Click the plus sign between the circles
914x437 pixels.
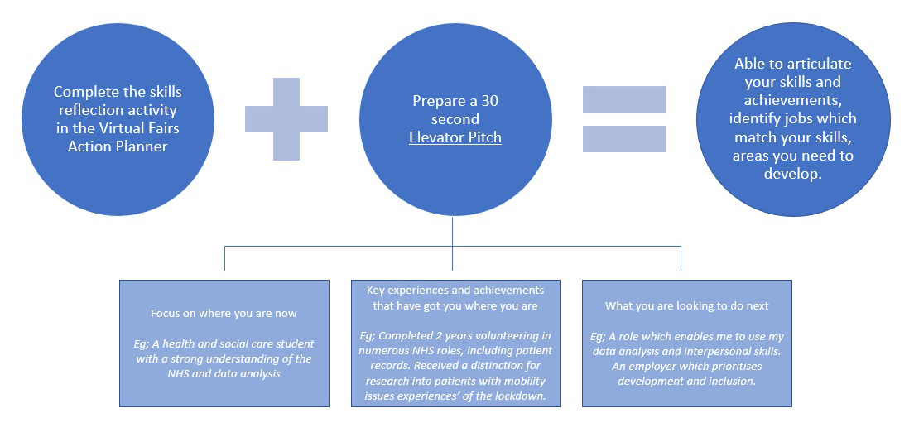coord(286,119)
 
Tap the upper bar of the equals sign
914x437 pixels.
coord(624,99)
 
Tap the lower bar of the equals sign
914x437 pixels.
coord(624,139)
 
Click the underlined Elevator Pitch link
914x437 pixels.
coord(455,137)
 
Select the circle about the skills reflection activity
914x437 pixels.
coord(117,118)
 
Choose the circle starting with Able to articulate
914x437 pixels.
coord(792,118)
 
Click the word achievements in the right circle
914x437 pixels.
coord(792,101)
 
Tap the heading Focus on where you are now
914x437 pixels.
coord(224,314)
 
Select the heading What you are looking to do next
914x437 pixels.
coord(687,306)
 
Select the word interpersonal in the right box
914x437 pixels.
coord(704,352)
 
